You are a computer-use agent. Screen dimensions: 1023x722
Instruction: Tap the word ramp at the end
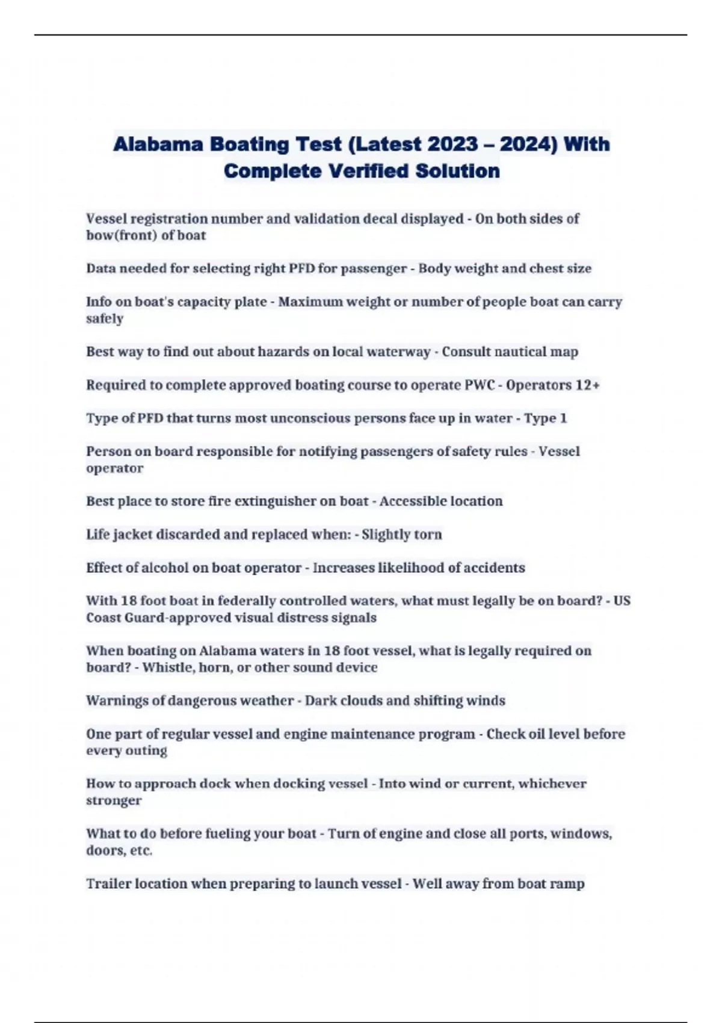(569, 883)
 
